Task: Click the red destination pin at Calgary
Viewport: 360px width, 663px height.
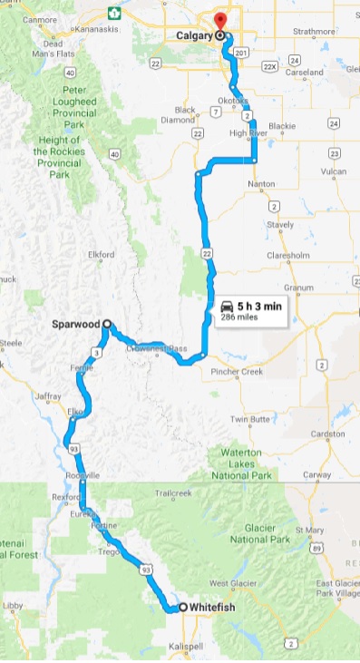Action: coord(219,22)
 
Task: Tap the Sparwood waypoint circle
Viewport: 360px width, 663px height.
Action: coord(106,323)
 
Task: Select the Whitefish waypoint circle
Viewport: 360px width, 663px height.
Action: coord(182,607)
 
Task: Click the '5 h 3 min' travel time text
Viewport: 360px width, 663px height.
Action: coord(260,307)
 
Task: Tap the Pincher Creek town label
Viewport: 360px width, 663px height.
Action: coord(237,373)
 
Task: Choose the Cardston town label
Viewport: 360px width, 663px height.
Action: coord(326,433)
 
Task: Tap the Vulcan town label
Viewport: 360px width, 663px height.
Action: coord(335,171)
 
